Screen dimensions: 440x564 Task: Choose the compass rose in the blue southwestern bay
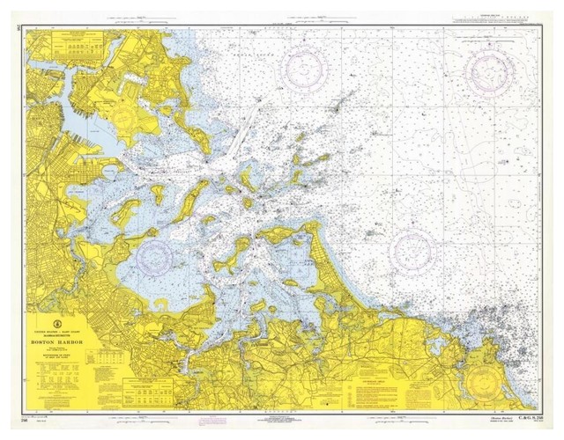pyautogui.click(x=155, y=256)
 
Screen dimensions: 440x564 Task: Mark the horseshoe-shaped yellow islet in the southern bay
pyautogui.click(x=165, y=302)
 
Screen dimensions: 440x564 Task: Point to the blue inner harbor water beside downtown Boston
pyautogui.click(x=75, y=132)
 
